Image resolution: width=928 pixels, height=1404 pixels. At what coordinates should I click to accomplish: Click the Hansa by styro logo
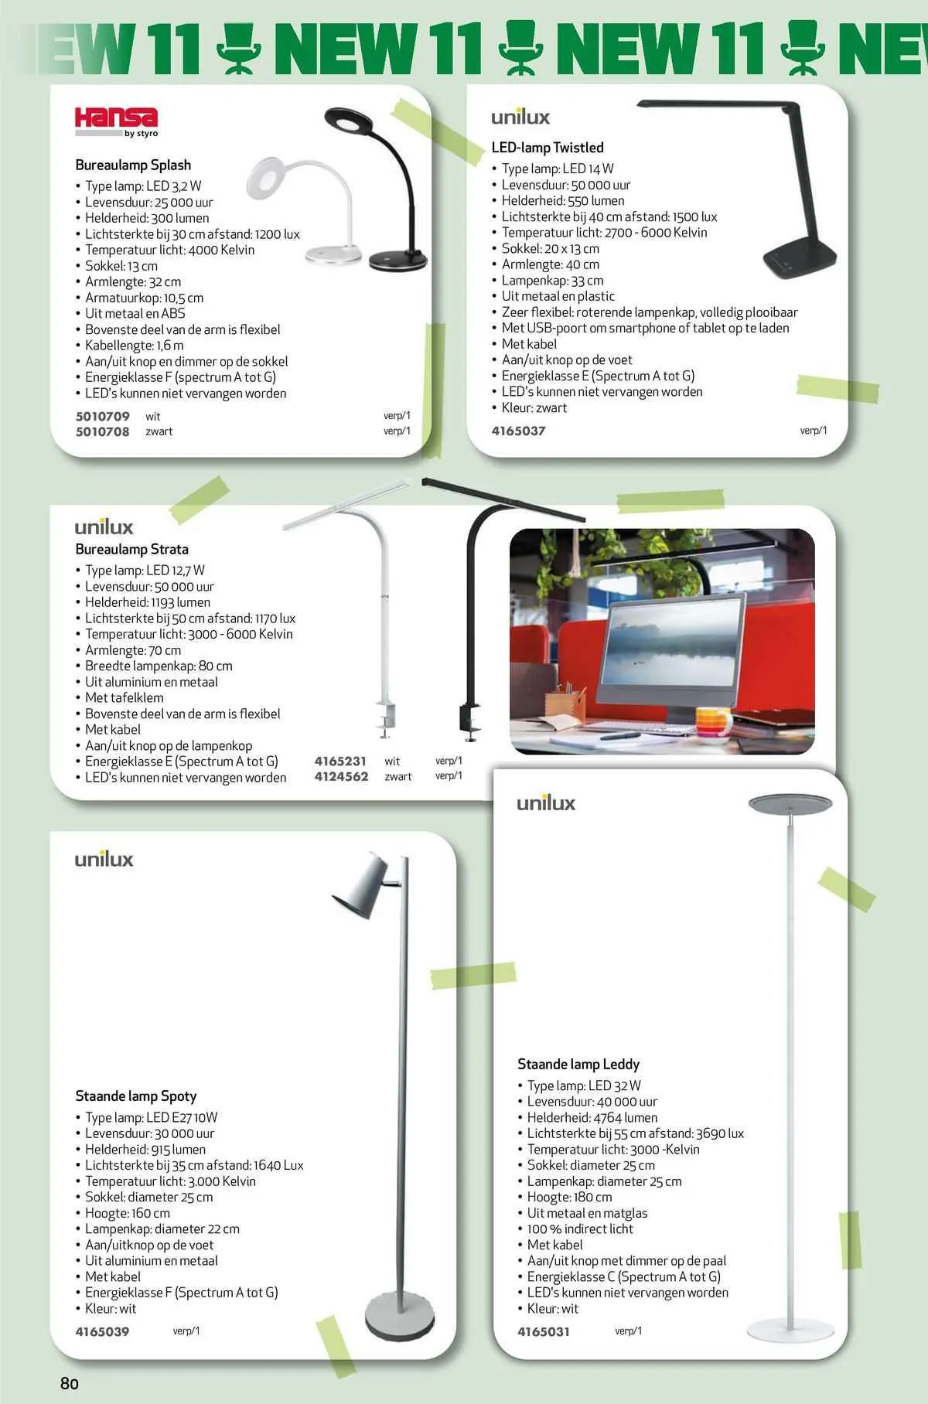coord(116,122)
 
